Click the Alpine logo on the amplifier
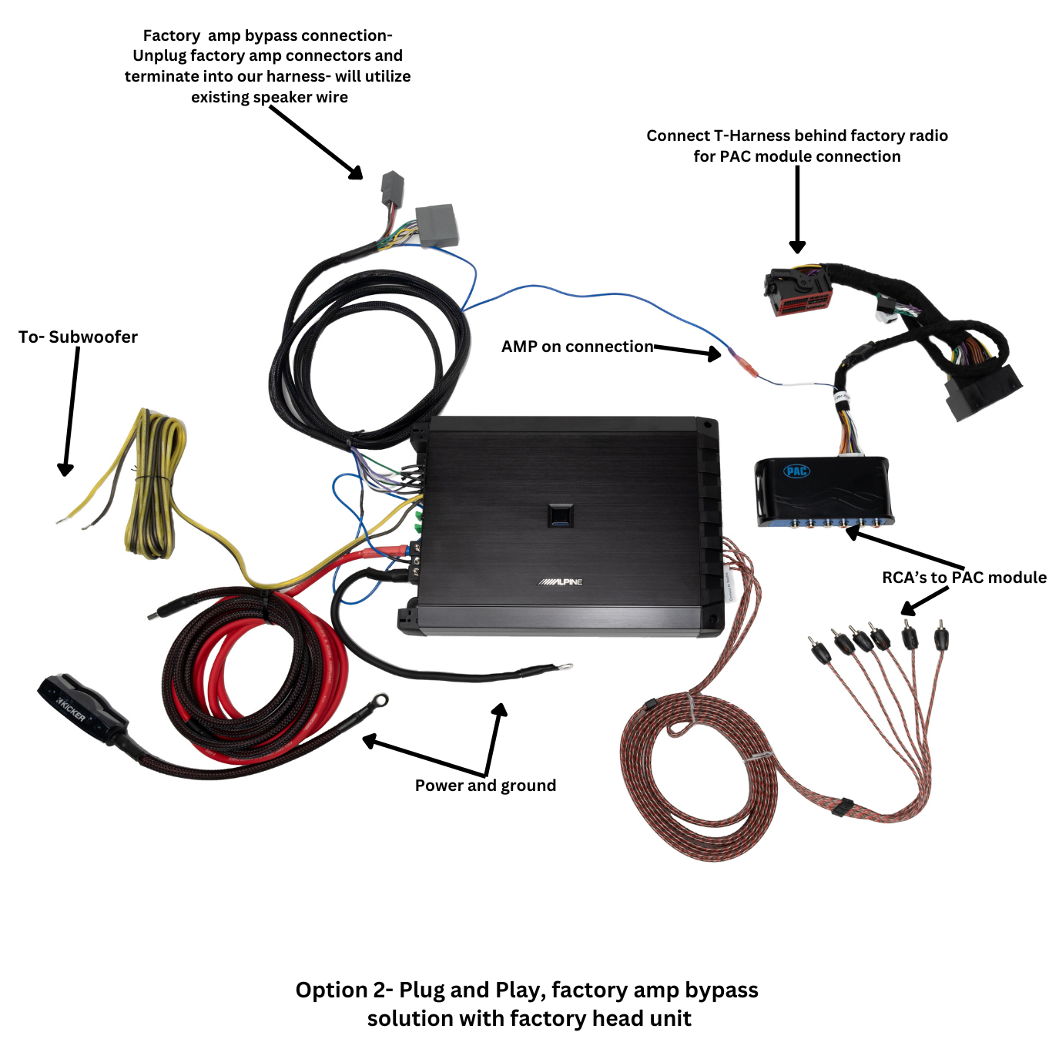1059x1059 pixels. (560, 581)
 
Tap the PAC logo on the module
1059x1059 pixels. (796, 471)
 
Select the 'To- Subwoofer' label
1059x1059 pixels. (78, 337)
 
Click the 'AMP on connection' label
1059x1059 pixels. (577, 347)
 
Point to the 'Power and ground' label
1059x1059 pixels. (485, 785)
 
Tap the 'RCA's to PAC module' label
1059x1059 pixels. (963, 577)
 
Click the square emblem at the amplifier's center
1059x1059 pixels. (561, 515)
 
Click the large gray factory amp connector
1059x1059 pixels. (437, 225)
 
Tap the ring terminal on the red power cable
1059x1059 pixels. (378, 700)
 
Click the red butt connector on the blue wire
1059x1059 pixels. (742, 363)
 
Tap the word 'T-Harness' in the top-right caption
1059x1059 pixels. (752, 136)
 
